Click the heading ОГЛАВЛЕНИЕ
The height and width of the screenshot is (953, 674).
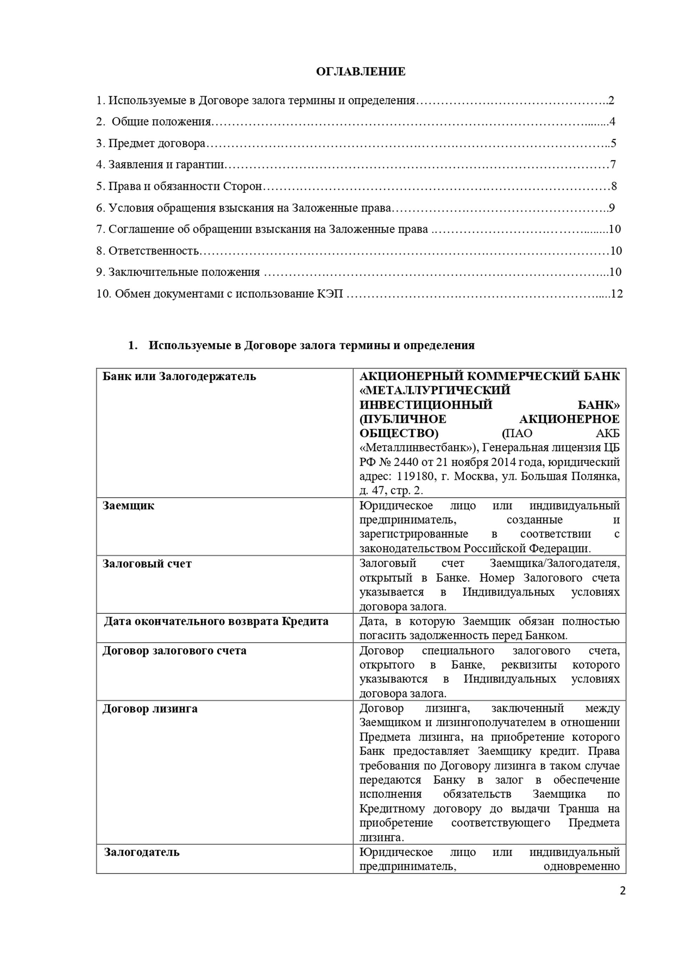pyautogui.click(x=361, y=72)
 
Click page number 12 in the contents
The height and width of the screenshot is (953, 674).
pyautogui.click(x=617, y=294)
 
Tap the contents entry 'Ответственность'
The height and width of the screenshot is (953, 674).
pyautogui.click(x=153, y=251)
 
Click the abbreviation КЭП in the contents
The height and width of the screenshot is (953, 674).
pyautogui.click(x=331, y=294)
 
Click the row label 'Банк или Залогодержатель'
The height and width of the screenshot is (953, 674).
pyautogui.click(x=179, y=377)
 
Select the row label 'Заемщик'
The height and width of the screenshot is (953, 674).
pyautogui.click(x=128, y=505)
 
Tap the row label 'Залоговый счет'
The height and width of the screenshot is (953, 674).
pyautogui.click(x=147, y=564)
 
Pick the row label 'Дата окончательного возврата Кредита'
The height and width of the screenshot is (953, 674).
pyautogui.click(x=216, y=621)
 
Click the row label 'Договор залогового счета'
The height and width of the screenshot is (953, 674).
pyautogui.click(x=174, y=650)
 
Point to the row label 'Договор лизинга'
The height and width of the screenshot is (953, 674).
pyautogui.click(x=150, y=709)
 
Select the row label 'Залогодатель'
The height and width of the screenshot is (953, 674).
pyautogui.click(x=141, y=852)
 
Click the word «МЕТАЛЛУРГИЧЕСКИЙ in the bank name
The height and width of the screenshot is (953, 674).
pyautogui.click(x=435, y=391)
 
